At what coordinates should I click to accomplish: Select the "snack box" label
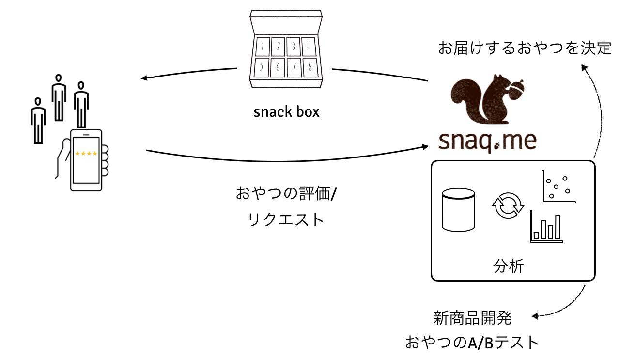pyautogui.click(x=286, y=112)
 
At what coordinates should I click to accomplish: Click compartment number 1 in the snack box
pyautogui.click(x=262, y=47)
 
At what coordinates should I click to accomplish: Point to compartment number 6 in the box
pyautogui.click(x=278, y=68)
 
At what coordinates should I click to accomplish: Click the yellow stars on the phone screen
pyautogui.click(x=86, y=154)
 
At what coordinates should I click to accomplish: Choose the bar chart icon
pyautogui.click(x=546, y=226)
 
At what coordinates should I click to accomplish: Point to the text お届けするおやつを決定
pyautogui.click(x=525, y=48)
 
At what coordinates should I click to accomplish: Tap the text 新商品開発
pyautogui.click(x=472, y=319)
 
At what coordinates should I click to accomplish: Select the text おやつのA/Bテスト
pyautogui.click(x=472, y=343)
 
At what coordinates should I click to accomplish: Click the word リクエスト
pyautogui.click(x=286, y=219)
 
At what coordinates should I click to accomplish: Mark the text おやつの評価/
pyautogui.click(x=287, y=193)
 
